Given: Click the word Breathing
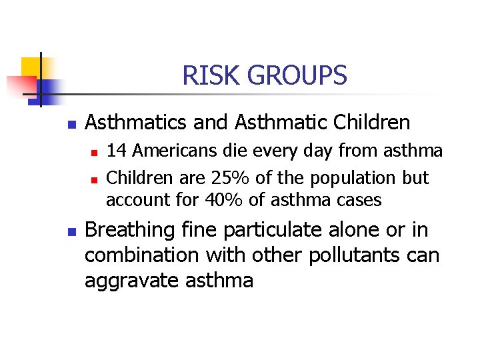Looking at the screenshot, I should (129, 231).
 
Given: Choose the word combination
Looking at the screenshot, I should (140, 255).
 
